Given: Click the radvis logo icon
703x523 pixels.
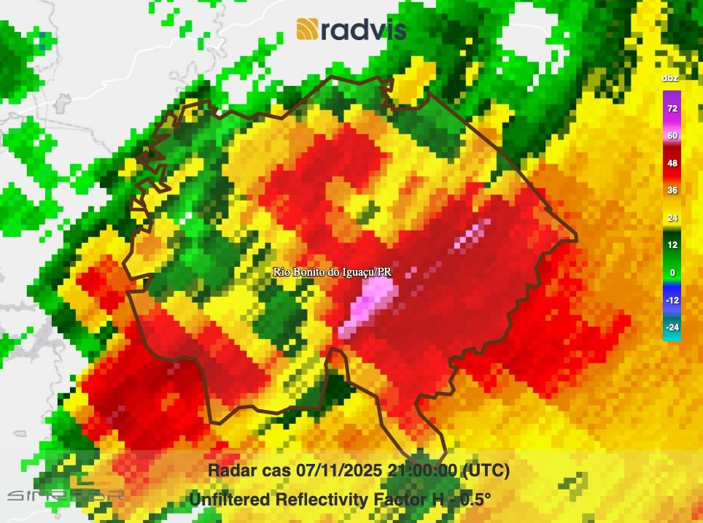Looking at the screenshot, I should [x=307, y=29].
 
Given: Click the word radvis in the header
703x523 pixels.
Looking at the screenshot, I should [x=362, y=29].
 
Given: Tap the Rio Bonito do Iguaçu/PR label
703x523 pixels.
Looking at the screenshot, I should [x=333, y=271].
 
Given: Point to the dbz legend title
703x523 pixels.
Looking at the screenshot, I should [x=670, y=78].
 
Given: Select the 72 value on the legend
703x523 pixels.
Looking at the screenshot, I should [x=672, y=109].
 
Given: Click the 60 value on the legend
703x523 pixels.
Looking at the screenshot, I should [x=672, y=136].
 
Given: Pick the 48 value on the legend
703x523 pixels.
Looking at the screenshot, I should [x=672, y=163].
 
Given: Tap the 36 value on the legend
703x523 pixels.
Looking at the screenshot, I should [x=672, y=190].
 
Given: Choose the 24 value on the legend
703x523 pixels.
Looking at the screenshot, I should [x=672, y=218].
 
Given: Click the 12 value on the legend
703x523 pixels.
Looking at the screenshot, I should [x=672, y=245].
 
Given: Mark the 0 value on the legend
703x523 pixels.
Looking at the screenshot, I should [x=672, y=273].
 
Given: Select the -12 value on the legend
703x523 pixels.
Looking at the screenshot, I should [x=672, y=300].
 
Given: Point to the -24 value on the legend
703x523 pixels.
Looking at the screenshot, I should [x=672, y=328].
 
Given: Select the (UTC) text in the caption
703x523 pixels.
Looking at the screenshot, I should [x=486, y=470].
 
